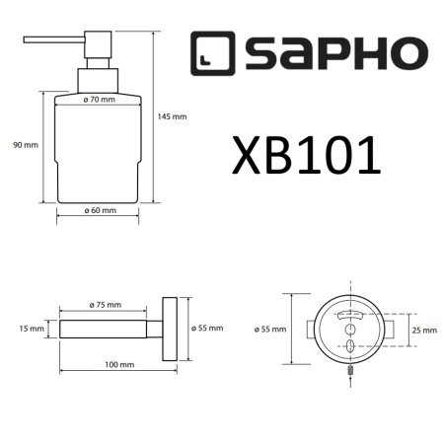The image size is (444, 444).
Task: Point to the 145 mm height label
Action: point(172,115)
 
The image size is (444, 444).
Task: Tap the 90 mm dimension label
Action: point(25,145)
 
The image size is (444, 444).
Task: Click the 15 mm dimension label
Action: point(32,328)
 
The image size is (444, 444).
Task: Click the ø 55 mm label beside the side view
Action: point(209,328)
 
